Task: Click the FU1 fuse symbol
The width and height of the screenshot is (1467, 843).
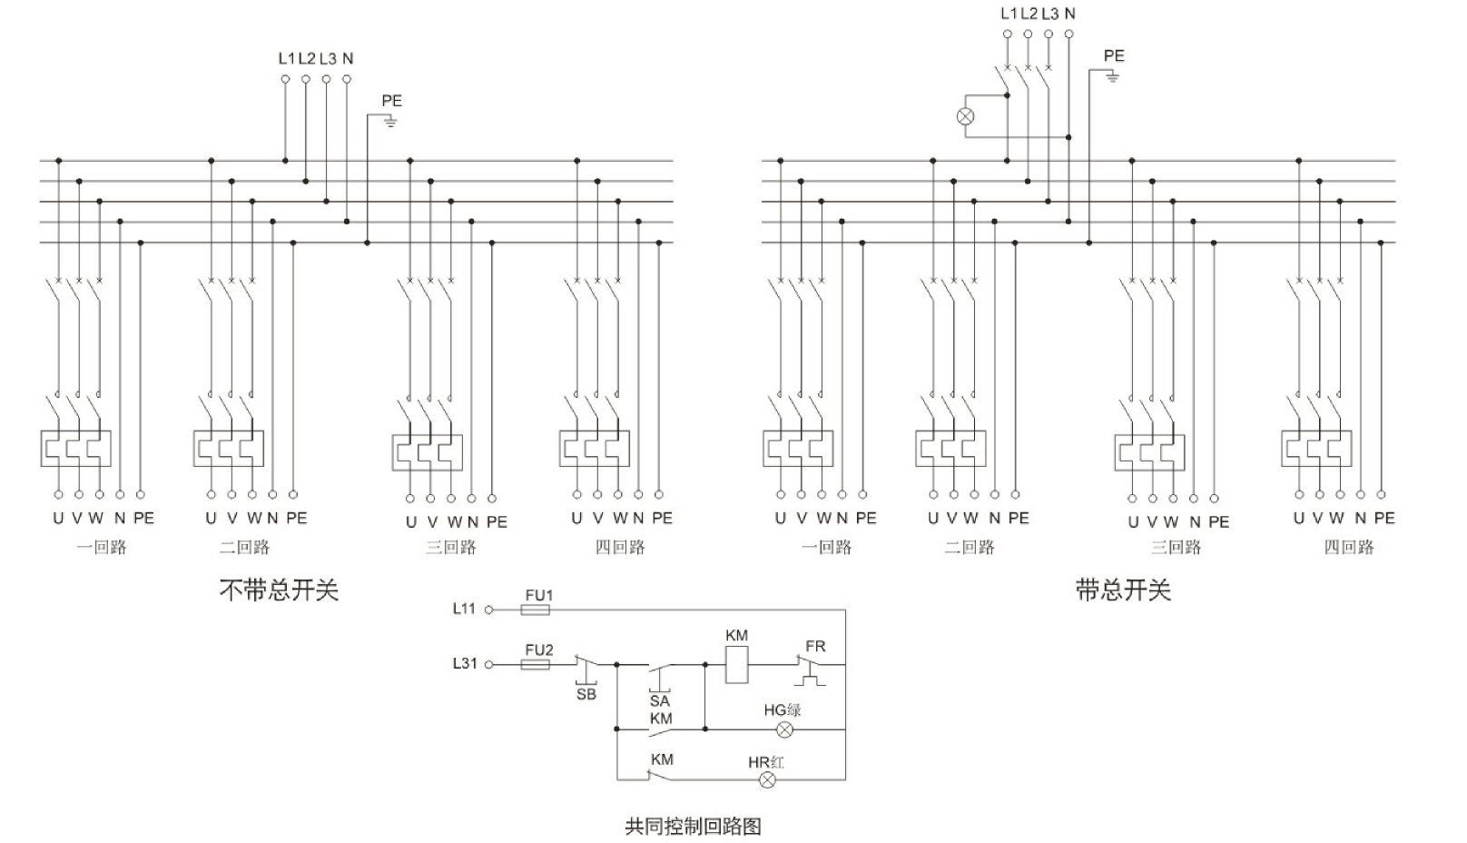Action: pos(535,610)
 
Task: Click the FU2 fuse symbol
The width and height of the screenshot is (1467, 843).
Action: pos(535,665)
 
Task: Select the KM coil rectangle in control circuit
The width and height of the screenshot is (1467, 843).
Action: pos(736,665)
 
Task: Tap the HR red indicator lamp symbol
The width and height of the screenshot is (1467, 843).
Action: pos(768,779)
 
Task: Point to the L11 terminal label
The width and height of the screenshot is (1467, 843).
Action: pos(464,609)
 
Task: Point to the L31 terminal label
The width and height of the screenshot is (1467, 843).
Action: pos(464,663)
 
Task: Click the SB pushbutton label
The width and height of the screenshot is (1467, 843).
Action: pos(586,694)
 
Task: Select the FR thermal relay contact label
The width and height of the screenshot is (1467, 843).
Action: pos(815,646)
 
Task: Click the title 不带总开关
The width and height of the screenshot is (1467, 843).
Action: pos(279,590)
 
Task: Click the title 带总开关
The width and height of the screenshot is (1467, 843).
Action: pos(1123,590)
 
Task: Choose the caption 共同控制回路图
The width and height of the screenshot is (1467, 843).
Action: pos(693,826)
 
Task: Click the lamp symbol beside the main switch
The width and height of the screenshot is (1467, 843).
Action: pos(966,116)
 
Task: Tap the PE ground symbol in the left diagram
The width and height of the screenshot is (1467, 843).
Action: pos(390,121)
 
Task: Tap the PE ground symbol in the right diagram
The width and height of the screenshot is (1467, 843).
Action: pos(1113,76)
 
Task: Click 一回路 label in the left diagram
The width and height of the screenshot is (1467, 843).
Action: pos(101,547)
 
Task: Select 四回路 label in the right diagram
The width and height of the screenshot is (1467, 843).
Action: pos(1349,547)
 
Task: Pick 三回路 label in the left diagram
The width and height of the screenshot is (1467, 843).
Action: pos(451,547)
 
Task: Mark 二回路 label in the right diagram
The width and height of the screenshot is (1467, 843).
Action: pos(970,547)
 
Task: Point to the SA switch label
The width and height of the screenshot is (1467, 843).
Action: pos(659,700)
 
